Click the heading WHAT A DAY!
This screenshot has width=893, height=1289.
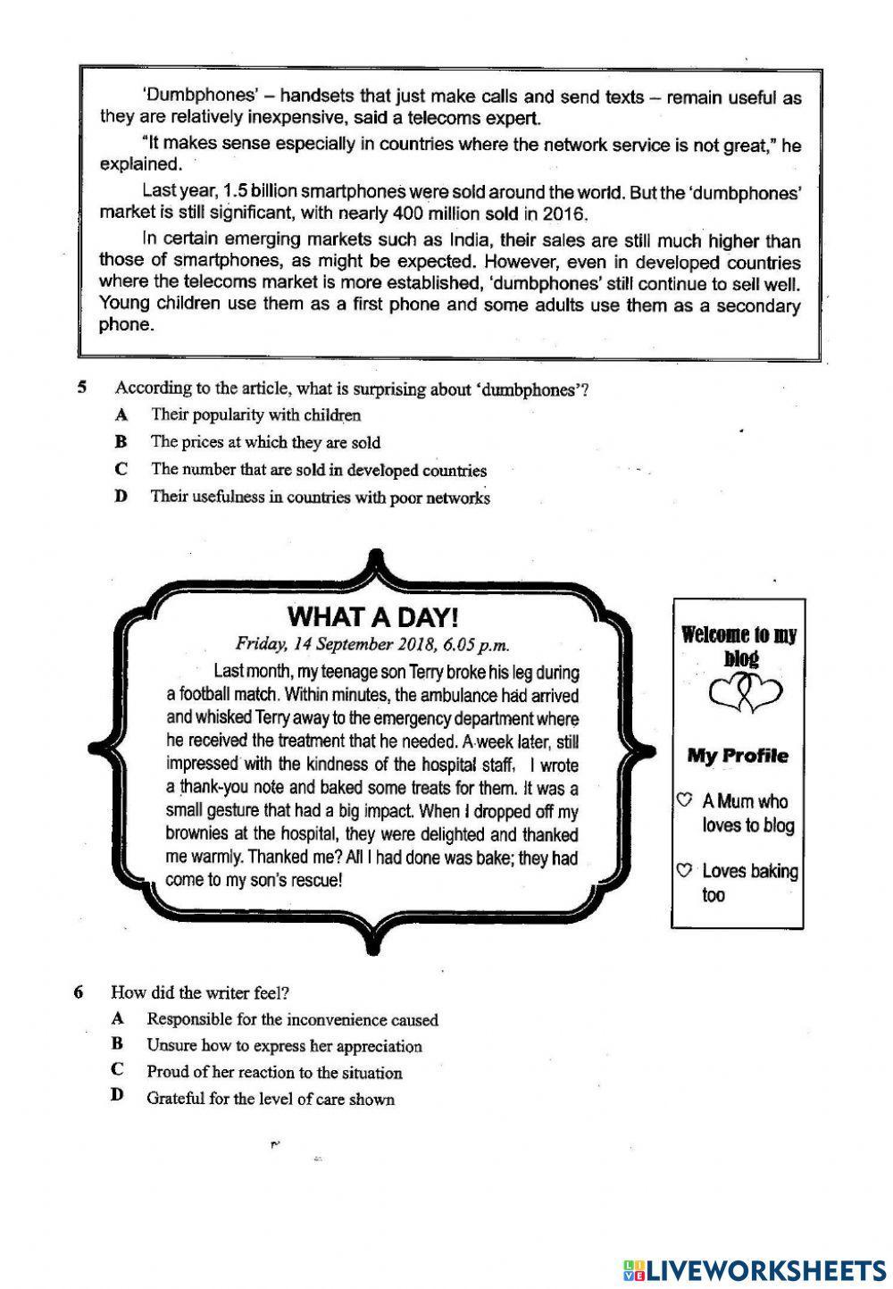[373, 616]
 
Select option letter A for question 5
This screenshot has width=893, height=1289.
[121, 414]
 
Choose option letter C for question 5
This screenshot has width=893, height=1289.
[121, 469]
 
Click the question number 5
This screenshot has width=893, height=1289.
[81, 388]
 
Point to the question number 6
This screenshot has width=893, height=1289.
[79, 992]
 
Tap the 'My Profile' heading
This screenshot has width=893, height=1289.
[738, 756]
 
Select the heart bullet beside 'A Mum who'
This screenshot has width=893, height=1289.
[685, 799]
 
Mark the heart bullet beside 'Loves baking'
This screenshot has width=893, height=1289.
[685, 869]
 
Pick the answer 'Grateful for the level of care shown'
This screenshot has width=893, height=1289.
[270, 1099]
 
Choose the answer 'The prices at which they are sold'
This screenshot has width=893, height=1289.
[265, 442]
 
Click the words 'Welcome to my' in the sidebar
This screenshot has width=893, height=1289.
[739, 635]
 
